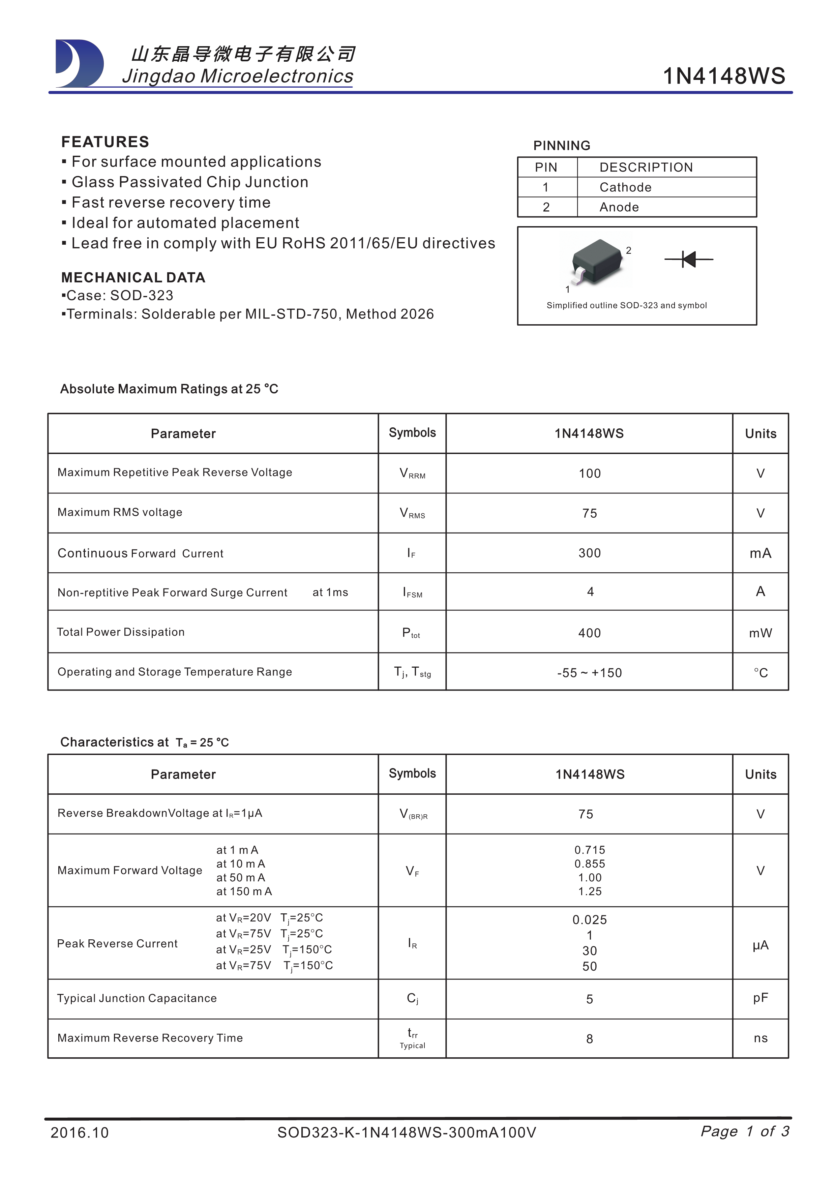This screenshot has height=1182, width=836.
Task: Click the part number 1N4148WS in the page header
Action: (x=723, y=76)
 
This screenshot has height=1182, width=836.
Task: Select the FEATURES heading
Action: (x=105, y=142)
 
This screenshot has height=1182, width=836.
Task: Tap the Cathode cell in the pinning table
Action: (x=625, y=187)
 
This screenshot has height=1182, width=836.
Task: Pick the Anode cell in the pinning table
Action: (x=619, y=207)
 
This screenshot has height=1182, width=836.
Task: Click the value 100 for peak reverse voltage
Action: (x=590, y=473)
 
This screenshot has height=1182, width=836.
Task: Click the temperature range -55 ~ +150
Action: (x=590, y=673)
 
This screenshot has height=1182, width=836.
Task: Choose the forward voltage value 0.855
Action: (x=590, y=863)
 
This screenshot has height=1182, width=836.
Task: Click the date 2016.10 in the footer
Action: (x=80, y=1132)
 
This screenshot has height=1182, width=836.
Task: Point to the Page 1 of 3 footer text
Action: (x=744, y=1131)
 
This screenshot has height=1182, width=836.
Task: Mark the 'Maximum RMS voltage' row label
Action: (x=120, y=512)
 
